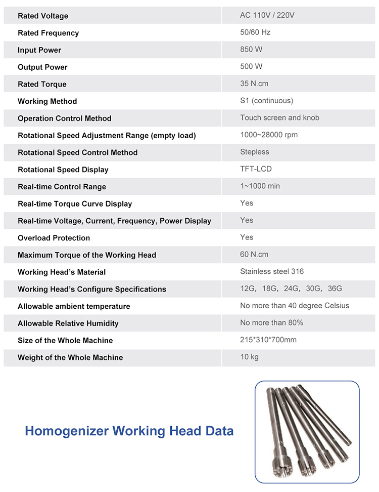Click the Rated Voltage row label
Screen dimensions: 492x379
tap(43, 16)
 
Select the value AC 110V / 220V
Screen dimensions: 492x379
tap(267, 15)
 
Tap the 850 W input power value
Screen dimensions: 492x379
tap(251, 50)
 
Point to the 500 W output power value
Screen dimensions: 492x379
tap(251, 66)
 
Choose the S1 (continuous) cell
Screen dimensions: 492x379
tap(266, 101)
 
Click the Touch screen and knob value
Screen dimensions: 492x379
tap(279, 117)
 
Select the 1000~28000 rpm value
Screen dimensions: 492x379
tap(269, 135)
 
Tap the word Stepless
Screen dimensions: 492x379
tap(255, 152)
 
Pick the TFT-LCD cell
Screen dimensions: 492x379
tap(256, 169)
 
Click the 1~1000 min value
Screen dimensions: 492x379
tap(260, 186)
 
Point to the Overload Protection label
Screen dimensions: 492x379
tap(54, 238)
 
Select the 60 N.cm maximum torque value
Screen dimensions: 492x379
tap(254, 254)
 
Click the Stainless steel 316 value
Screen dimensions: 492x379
tap(272, 271)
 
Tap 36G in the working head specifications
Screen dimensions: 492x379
tap(335, 289)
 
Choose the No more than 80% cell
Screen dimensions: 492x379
tap(271, 322)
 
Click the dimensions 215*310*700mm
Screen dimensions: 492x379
tap(268, 340)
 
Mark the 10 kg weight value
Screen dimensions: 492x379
tap(249, 357)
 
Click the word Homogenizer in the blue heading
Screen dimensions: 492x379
tap(67, 431)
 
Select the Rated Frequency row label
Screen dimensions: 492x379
tap(48, 33)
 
